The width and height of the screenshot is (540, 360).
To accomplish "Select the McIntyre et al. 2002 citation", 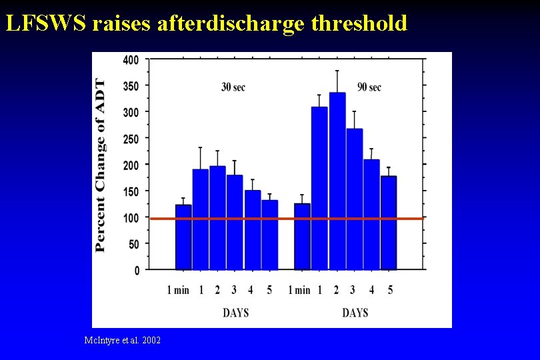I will [123, 340].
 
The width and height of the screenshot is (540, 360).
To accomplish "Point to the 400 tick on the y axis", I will [131, 60].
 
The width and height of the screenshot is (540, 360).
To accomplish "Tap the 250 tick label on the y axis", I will [131, 139].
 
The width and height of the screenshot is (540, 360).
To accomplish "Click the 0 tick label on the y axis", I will [137, 270].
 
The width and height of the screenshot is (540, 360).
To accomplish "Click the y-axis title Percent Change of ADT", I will [101, 165].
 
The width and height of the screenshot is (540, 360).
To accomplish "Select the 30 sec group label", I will [233, 87].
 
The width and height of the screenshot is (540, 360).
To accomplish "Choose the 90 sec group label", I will [369, 87].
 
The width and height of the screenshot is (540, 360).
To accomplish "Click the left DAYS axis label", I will [236, 312].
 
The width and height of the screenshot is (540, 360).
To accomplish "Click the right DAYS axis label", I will [355, 312].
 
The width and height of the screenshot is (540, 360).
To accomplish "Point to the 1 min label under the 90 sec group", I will [299, 290].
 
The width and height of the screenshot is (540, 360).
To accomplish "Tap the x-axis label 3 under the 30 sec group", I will [234, 290].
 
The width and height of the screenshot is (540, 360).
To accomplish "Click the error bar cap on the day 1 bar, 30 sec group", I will [201, 148].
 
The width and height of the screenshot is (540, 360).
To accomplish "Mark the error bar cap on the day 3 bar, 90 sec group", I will [355, 111].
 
